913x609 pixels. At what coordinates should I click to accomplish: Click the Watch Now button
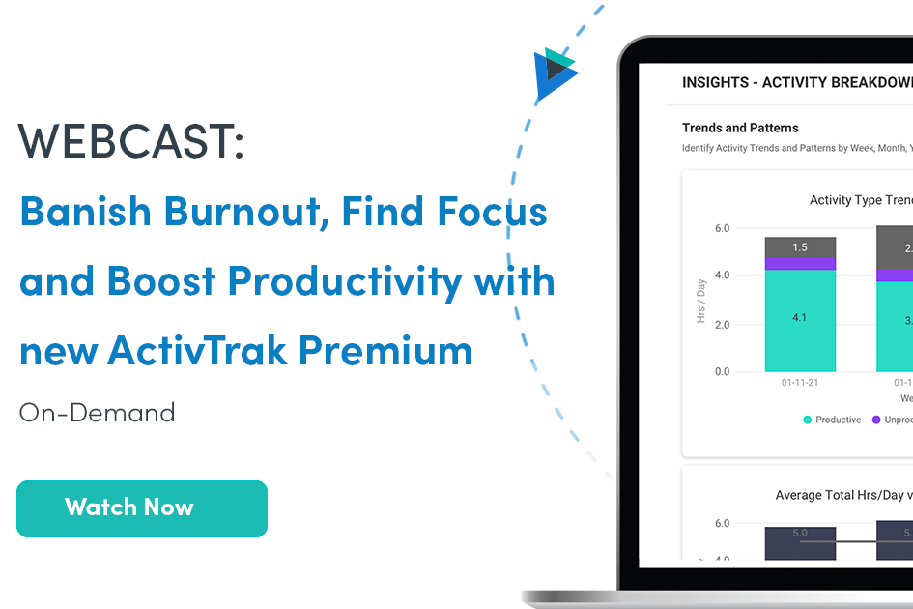tap(142, 508)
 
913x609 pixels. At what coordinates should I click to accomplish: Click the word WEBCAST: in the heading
tap(131, 141)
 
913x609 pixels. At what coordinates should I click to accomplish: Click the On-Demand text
tap(97, 413)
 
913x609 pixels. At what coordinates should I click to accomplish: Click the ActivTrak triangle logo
tap(555, 73)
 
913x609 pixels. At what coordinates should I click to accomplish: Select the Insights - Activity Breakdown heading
tap(796, 82)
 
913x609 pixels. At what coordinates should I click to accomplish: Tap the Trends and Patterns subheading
tap(740, 128)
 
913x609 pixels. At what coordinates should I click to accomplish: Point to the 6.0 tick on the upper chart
tap(722, 229)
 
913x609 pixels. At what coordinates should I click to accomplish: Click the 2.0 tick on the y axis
tap(722, 325)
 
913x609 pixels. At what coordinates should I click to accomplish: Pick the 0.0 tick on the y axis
tap(722, 372)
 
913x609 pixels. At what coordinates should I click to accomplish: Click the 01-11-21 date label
tap(800, 383)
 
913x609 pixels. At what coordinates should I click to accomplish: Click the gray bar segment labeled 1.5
tap(800, 247)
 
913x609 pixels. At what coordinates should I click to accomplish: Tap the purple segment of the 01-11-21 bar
tap(800, 263)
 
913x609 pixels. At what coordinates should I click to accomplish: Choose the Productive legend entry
tap(832, 420)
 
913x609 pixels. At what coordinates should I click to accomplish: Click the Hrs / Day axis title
tap(700, 300)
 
